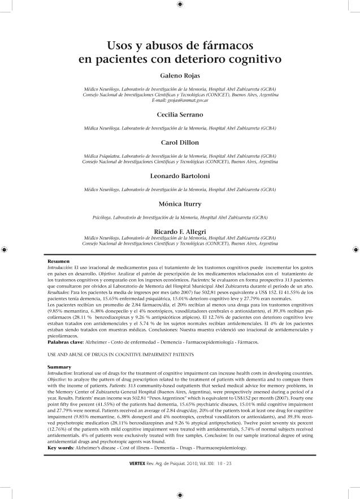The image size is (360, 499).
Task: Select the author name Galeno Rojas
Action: tap(180, 75)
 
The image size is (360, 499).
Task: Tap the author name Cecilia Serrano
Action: tap(180, 115)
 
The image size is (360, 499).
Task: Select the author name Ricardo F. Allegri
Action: tap(180, 231)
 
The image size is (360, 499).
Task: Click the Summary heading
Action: tap(59, 367)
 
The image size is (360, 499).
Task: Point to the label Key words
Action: tap(61, 447)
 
